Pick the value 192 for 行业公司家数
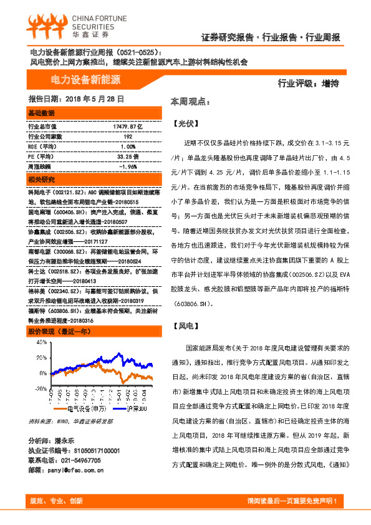[x=128, y=136]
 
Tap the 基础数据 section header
[x=42, y=113]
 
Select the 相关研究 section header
[x=42, y=180]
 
